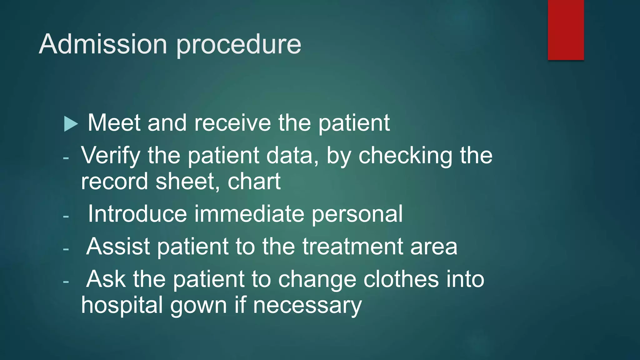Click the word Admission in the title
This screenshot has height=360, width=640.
(x=103, y=44)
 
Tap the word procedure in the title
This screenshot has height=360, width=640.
(x=239, y=45)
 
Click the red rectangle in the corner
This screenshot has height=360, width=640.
(x=566, y=30)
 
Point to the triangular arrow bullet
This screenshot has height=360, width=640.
(x=71, y=124)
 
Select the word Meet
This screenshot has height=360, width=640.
(x=114, y=122)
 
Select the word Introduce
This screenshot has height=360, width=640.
(x=137, y=214)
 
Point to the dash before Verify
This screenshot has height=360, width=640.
(x=66, y=158)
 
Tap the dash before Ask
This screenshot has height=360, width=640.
(x=66, y=282)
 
